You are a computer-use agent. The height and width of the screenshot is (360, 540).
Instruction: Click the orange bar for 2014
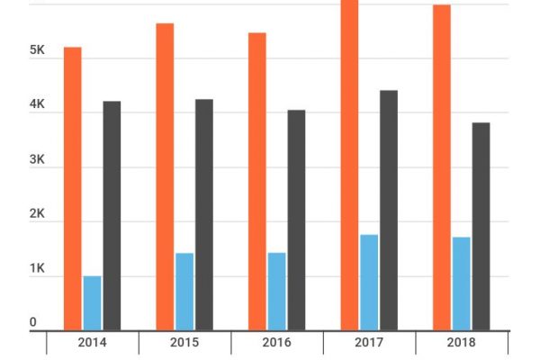[73, 189]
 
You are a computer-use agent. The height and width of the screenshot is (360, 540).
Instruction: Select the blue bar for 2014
[92, 303]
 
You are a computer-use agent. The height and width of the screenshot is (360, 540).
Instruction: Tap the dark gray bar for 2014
[112, 216]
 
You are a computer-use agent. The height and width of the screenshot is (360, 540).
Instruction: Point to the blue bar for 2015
[184, 292]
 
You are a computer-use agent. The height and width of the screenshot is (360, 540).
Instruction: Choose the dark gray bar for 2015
[204, 215]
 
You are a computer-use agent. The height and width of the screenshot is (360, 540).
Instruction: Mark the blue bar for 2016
[276, 292]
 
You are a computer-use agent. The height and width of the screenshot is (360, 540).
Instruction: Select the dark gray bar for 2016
[296, 220]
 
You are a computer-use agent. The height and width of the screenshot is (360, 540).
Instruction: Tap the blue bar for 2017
[369, 283]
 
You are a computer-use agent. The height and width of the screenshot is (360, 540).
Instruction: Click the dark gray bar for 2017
[389, 211]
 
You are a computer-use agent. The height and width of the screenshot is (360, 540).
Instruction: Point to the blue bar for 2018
[462, 283]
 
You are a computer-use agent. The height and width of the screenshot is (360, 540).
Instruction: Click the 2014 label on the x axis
[93, 343]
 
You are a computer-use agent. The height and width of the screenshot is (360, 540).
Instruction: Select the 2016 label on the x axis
[277, 343]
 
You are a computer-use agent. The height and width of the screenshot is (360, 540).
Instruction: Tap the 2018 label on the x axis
[462, 343]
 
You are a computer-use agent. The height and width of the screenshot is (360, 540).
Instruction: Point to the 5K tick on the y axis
[37, 51]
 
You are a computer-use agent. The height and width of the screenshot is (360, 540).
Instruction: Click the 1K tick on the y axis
[37, 269]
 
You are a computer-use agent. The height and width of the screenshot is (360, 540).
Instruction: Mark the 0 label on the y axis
[33, 322]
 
